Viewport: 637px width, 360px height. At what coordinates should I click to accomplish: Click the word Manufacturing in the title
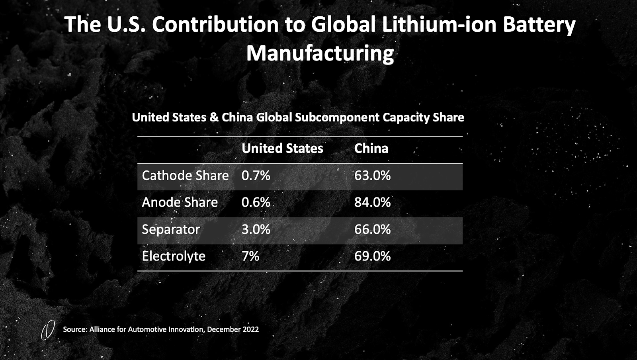[320, 53]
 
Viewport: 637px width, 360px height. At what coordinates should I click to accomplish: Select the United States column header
[282, 149]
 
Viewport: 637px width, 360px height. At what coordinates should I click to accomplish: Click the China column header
[371, 149]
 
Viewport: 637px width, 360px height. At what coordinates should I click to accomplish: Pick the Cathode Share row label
[185, 176]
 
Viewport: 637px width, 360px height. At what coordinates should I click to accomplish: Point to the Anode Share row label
[180, 202]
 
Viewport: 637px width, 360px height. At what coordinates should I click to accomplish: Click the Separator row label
[171, 229]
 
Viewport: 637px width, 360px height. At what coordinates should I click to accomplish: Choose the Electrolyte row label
[174, 256]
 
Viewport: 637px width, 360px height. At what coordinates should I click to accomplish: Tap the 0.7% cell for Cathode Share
[256, 176]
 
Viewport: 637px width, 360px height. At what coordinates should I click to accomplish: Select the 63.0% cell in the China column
[372, 176]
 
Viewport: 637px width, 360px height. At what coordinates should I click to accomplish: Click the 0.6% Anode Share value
[256, 202]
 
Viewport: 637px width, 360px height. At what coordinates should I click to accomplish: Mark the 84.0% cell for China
[372, 202]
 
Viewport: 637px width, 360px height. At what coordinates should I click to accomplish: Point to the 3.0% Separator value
[256, 229]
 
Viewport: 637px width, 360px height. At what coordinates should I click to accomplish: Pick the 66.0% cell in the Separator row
[372, 229]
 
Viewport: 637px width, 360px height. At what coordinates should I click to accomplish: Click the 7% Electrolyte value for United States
[250, 256]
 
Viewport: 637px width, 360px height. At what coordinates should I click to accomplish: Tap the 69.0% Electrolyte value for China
[372, 256]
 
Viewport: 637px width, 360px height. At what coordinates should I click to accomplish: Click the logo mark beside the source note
[48, 331]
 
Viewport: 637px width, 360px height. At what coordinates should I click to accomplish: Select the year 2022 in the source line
[250, 329]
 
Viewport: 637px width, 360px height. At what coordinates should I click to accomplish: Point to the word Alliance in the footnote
[102, 329]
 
